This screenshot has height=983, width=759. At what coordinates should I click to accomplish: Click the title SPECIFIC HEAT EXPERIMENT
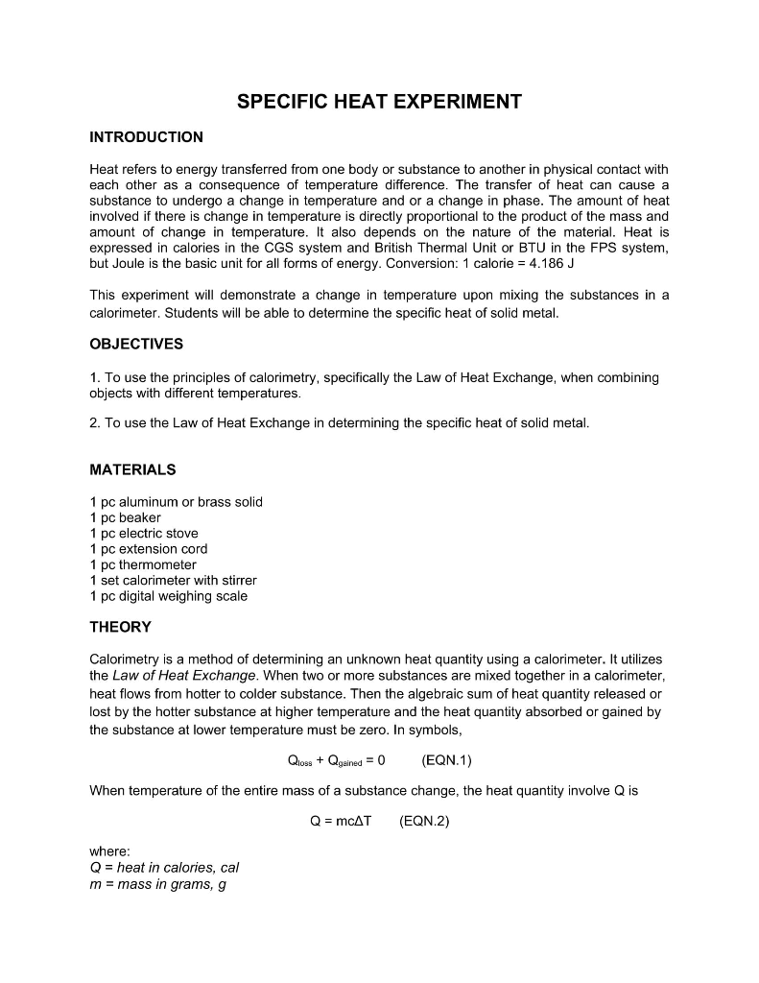[379, 102]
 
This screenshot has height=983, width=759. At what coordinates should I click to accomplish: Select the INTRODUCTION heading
[146, 137]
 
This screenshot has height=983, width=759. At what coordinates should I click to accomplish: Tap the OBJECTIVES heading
[136, 344]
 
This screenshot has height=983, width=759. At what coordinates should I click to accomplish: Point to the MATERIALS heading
[132, 469]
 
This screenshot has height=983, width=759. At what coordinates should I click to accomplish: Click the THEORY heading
[120, 627]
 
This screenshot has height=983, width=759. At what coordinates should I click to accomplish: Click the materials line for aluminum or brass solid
[176, 502]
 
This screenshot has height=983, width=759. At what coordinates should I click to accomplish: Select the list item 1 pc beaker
[125, 517]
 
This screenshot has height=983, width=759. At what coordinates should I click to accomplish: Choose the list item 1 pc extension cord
[148, 549]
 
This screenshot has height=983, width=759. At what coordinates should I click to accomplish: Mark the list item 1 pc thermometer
[142, 564]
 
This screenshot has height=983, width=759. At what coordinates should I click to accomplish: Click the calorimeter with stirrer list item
[173, 580]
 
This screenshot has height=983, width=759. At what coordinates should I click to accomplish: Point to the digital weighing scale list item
[168, 596]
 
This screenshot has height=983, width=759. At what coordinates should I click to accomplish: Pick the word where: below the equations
[109, 851]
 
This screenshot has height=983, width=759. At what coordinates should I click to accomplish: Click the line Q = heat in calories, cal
[163, 868]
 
